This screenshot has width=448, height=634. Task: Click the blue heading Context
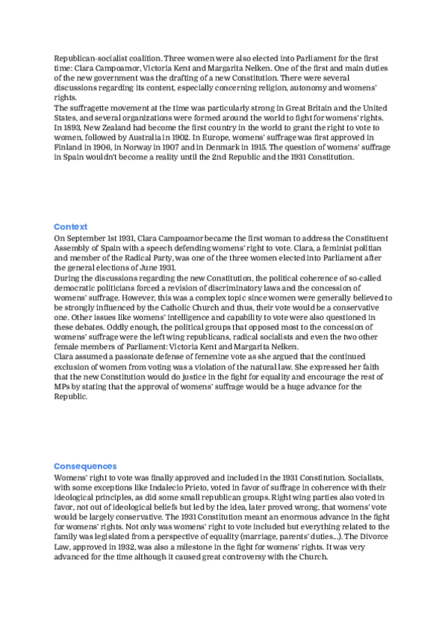click(70, 226)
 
